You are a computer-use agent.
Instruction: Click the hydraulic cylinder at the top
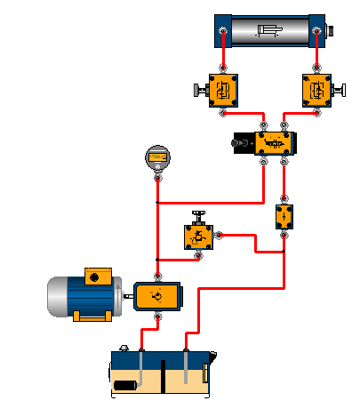(270, 33)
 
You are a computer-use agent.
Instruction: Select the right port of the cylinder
(316, 34)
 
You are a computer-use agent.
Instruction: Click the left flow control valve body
(222, 90)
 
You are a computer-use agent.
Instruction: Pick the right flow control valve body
(316, 90)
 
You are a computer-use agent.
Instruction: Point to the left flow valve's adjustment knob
(198, 90)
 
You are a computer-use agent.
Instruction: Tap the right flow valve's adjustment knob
(340, 90)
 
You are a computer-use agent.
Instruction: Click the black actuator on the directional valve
(241, 143)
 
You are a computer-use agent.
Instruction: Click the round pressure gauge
(157, 157)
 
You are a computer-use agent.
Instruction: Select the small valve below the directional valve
(284, 217)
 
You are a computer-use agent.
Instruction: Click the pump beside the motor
(157, 295)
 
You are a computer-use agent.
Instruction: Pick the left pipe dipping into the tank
(140, 365)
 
